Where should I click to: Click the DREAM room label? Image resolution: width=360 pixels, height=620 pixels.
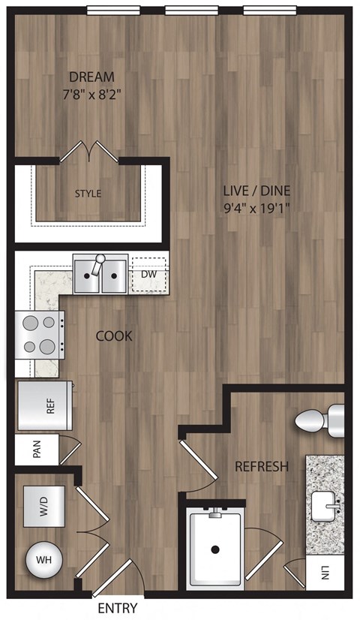point(91,77)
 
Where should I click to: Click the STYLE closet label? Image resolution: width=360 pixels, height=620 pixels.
point(88,194)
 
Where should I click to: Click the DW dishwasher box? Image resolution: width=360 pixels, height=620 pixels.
point(148,275)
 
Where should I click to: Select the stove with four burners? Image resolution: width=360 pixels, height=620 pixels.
point(38,335)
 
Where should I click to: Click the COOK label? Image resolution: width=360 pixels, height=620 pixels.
point(114,336)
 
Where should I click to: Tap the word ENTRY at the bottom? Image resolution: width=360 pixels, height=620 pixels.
point(117,609)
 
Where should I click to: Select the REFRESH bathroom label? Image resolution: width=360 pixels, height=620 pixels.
point(262,467)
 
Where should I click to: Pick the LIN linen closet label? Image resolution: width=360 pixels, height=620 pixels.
point(325,573)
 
